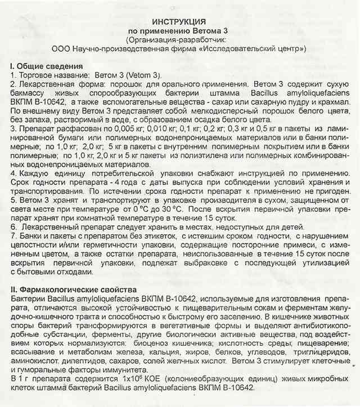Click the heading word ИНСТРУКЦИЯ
coord(179,20)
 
